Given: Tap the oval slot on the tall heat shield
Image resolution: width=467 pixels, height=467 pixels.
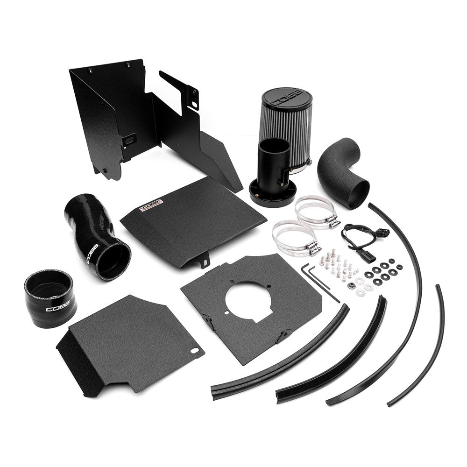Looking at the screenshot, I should (129, 139).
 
